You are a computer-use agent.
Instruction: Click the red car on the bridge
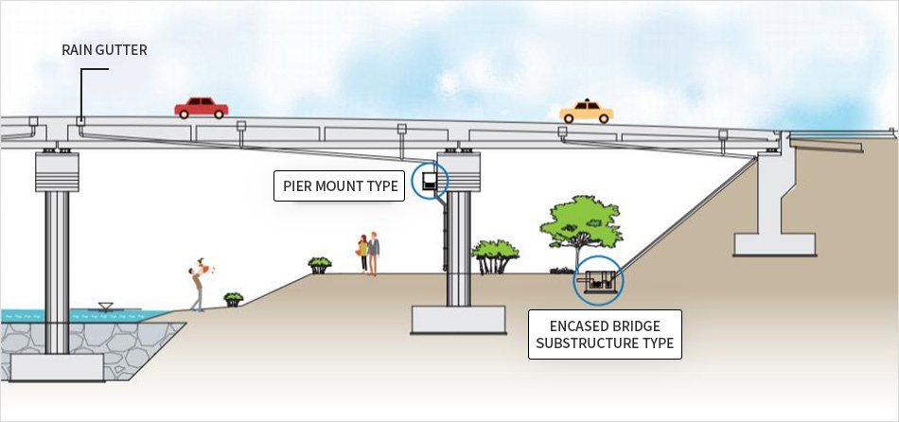201,108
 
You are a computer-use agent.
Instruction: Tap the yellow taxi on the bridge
587,112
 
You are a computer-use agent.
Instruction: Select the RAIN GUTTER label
104,50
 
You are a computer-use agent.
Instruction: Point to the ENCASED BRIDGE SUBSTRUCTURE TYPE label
605,334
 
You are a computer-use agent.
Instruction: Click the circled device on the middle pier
430,181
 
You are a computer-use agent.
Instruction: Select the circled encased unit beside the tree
599,280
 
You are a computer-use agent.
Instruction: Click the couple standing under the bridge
368,254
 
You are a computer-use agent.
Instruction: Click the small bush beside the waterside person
233,299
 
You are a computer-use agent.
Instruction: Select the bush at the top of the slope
320,264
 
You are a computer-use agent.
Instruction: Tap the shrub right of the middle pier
495,255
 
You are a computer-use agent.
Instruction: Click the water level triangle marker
106,307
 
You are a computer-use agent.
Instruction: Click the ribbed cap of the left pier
58,172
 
